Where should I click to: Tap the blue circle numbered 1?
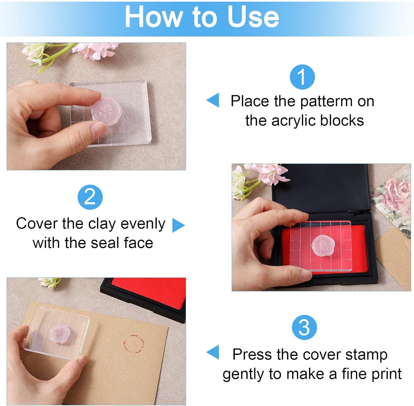(x=302, y=77)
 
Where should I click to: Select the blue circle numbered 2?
(x=90, y=197)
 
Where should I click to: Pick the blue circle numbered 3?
(x=304, y=327)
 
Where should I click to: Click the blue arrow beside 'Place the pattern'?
(x=213, y=100)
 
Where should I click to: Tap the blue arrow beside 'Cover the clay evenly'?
(x=178, y=225)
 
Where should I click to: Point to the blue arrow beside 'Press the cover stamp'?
(x=213, y=352)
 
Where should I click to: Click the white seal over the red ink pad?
(x=323, y=244)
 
